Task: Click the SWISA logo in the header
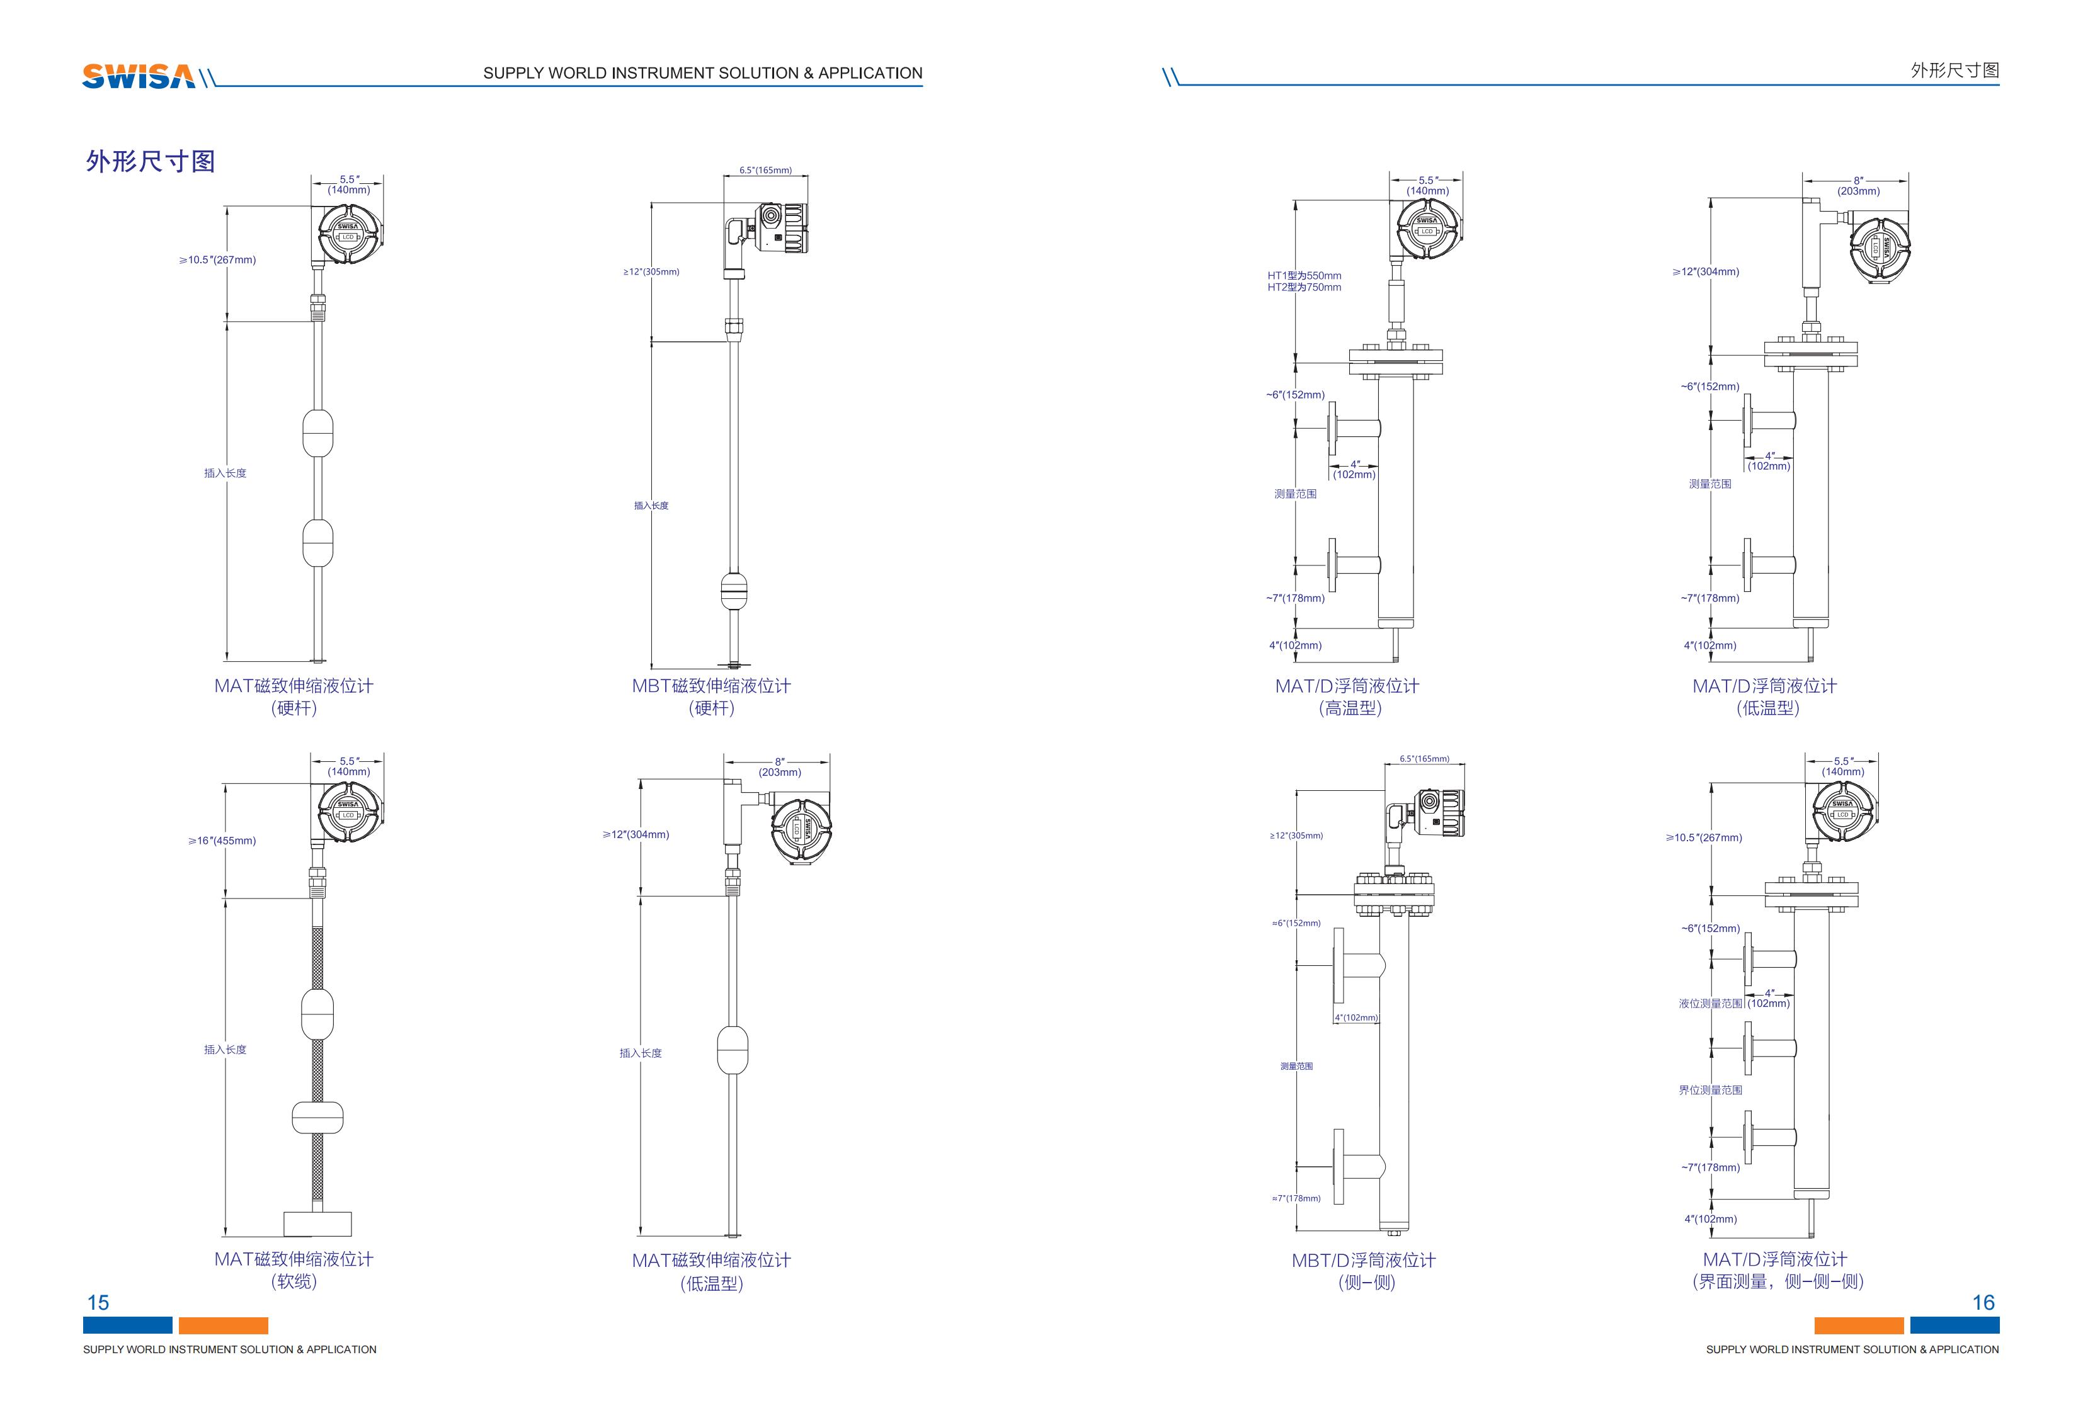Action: pyautogui.click(x=139, y=76)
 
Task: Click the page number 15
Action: pyautogui.click(x=98, y=1302)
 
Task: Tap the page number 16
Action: pyautogui.click(x=1983, y=1302)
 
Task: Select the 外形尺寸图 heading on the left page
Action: pyautogui.click(x=151, y=161)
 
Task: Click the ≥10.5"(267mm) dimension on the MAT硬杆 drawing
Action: pyautogui.click(x=218, y=260)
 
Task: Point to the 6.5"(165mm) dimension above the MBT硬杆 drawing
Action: pyautogui.click(x=765, y=170)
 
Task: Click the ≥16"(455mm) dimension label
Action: pyautogui.click(x=222, y=841)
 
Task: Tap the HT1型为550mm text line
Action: pyautogui.click(x=1304, y=276)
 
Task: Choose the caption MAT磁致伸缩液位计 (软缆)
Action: pyautogui.click(x=294, y=1269)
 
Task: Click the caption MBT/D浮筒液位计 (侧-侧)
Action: pyautogui.click(x=1364, y=1271)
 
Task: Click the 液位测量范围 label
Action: pyautogui.click(x=1710, y=1004)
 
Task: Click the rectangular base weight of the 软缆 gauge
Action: pyautogui.click(x=317, y=1223)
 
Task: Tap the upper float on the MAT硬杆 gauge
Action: pyautogui.click(x=318, y=433)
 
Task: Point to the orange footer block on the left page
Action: pyautogui.click(x=223, y=1325)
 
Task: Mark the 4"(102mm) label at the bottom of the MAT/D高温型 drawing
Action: pyautogui.click(x=1295, y=645)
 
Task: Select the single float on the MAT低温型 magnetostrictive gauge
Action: pyautogui.click(x=733, y=1050)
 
